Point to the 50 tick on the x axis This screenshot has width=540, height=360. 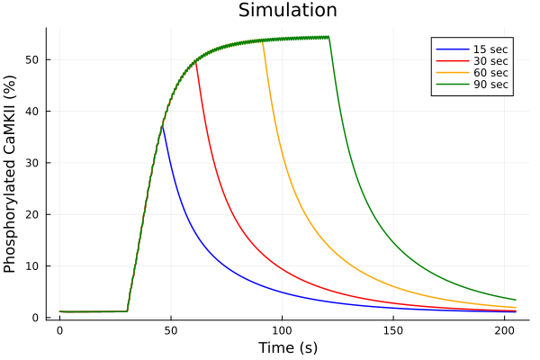171,330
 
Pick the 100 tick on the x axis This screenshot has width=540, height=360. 283,330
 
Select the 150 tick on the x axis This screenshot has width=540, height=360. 394,330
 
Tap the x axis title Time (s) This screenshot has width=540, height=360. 287,347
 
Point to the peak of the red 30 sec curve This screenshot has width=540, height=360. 195,60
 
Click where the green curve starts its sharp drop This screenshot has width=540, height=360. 329,37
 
